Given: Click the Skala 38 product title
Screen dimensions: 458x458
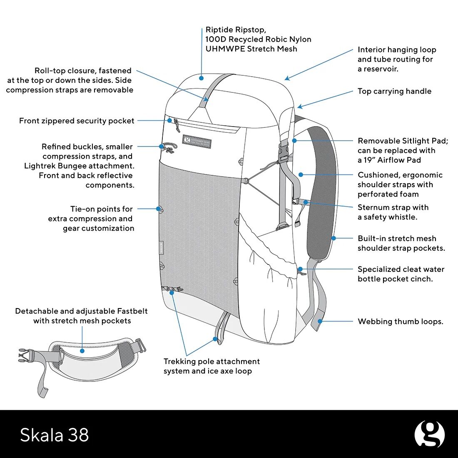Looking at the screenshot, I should (x=55, y=435).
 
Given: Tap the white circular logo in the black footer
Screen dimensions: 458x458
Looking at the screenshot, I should (x=429, y=434).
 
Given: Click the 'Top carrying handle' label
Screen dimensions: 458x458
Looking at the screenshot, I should (x=394, y=91).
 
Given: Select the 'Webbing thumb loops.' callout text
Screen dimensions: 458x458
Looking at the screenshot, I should (x=400, y=321).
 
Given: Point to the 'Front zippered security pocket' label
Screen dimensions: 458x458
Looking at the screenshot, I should (x=77, y=121).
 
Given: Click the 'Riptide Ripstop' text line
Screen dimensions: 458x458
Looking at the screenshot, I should (x=236, y=30).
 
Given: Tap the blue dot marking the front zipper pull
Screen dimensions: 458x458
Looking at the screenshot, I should (x=170, y=120).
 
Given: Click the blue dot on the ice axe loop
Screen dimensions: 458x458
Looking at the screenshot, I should (x=215, y=339).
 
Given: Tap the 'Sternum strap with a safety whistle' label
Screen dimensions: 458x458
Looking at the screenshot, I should (x=393, y=212).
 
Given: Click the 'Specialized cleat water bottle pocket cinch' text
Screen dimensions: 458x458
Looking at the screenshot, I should (x=401, y=274).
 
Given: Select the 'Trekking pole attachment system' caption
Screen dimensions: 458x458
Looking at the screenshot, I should (x=212, y=366).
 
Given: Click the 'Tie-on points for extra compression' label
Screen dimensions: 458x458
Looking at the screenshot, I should (x=92, y=219).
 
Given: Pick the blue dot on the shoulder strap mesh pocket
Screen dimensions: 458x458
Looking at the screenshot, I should (x=334, y=238).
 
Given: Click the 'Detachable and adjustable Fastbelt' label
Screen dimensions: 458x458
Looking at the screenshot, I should (x=82, y=316).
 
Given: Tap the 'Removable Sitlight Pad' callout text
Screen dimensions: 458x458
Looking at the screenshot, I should (x=403, y=150).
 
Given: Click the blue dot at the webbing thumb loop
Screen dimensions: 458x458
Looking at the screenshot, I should (x=320, y=321).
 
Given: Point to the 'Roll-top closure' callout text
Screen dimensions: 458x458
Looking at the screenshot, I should (x=70, y=80).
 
